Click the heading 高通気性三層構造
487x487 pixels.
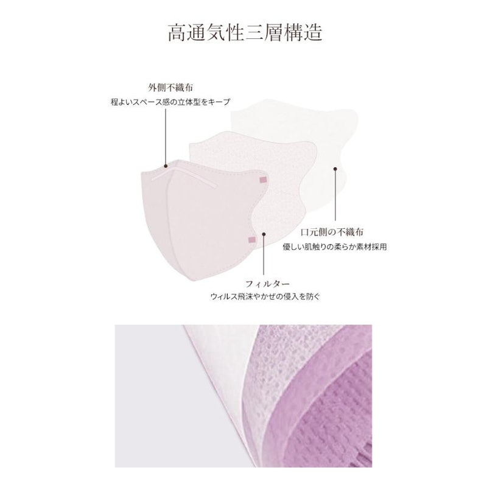click(245, 33)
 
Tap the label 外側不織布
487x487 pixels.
click(170, 88)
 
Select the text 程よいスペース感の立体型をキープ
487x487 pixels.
click(170, 102)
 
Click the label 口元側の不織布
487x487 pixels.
click(332, 232)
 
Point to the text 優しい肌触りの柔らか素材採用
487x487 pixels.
click(335, 247)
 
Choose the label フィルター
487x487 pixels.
click(267, 284)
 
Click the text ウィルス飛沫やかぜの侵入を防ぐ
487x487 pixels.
click(265, 296)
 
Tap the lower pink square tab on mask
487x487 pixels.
click(252, 239)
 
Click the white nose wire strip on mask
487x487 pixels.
click(183, 177)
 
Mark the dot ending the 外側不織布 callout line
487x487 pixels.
click(166, 166)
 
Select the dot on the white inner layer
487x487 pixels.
click(335, 169)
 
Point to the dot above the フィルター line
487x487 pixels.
click(264, 234)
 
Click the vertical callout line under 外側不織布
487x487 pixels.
click(166, 136)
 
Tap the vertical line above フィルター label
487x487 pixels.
click(264, 254)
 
